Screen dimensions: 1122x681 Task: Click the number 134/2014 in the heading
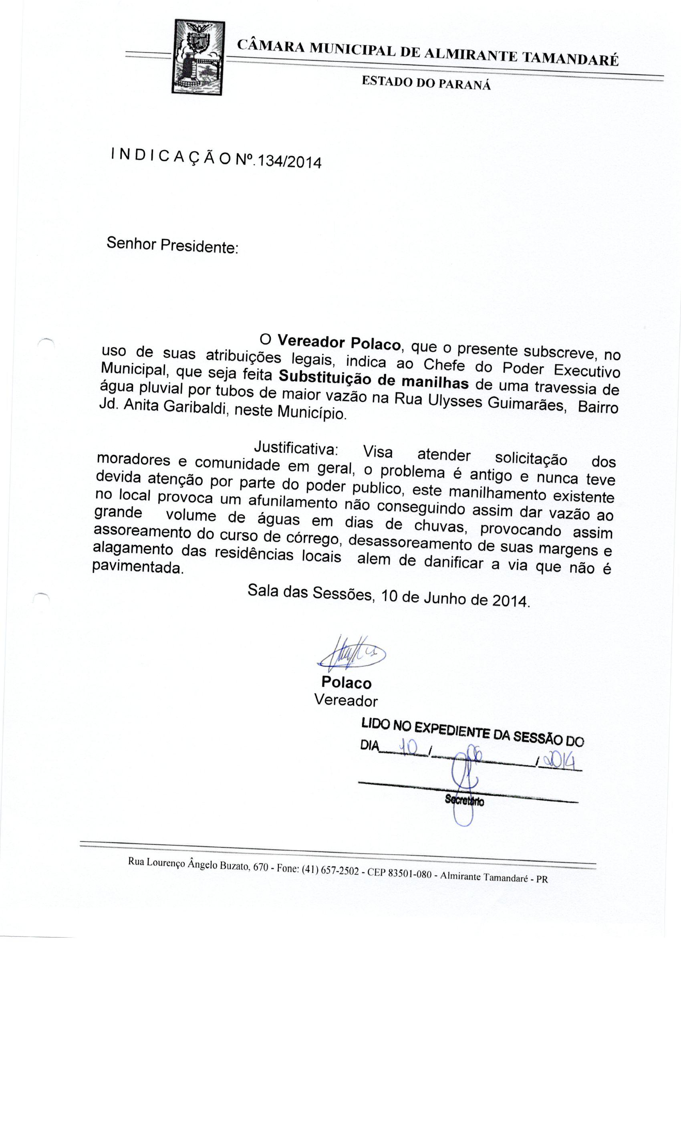[288, 161]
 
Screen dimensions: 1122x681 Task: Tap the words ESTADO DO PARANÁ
[426, 83]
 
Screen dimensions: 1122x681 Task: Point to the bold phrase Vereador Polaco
[339, 343]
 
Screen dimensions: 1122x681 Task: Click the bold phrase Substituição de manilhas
[373, 380]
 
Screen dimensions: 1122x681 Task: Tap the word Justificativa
[296, 448]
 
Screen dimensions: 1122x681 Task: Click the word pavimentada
[137, 568]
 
